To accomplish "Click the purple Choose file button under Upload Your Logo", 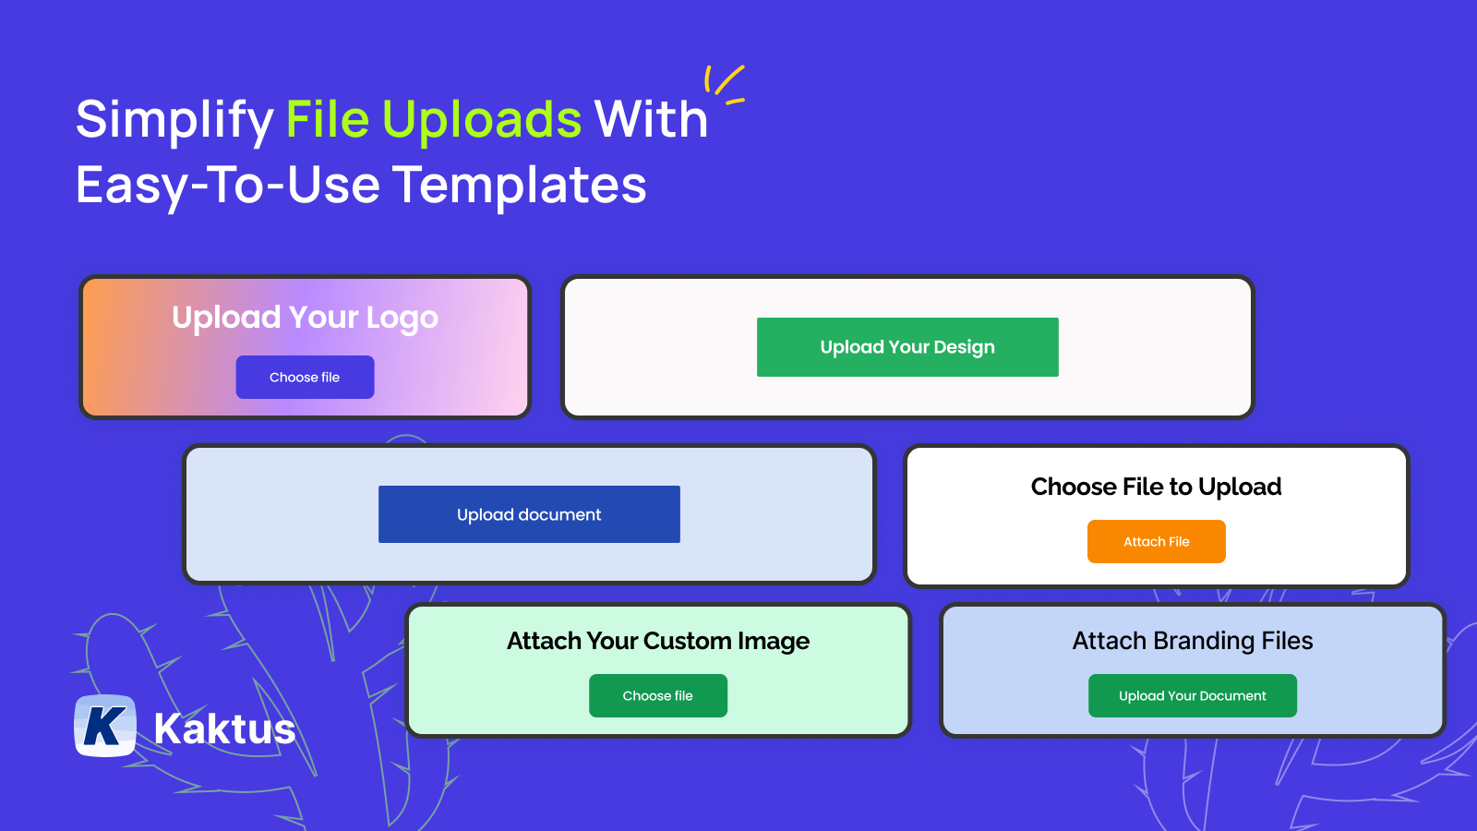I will coord(305,377).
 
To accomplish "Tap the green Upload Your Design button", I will coord(907,347).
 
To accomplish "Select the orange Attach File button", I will coord(1156,541).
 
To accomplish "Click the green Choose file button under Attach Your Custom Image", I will coord(657,695).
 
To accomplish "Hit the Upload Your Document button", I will coord(1192,695).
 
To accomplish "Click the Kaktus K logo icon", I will coord(105,726).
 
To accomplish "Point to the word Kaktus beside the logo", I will coord(224,729).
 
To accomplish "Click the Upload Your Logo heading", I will coord(305,318).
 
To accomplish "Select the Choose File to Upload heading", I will coord(1156,487).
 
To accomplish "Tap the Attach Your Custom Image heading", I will coord(657,641).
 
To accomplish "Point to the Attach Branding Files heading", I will coord(1192,641).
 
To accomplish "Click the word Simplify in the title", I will coord(174,120).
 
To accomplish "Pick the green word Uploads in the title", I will coord(482,120).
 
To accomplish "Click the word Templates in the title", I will coord(519,185).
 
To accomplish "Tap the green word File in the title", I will coord(328,120).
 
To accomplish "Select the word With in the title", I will coord(651,120).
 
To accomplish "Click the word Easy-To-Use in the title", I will coord(227,185).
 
